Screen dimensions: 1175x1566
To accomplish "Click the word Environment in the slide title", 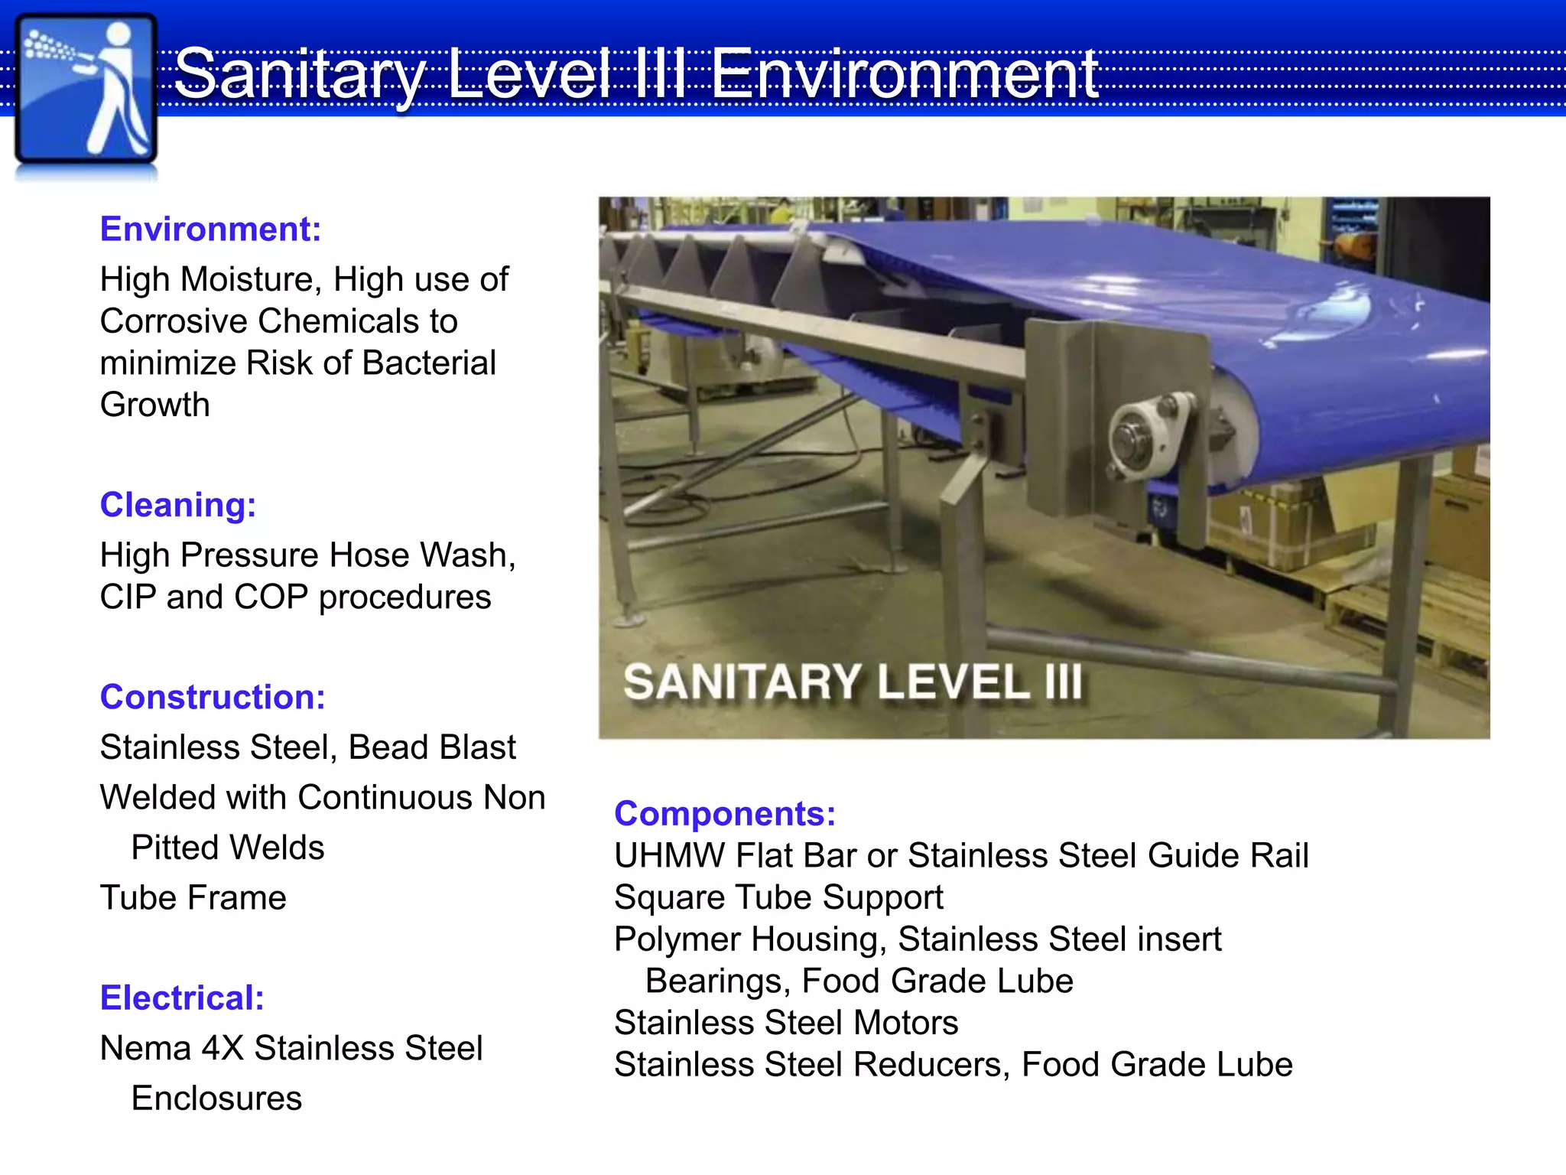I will [905, 74].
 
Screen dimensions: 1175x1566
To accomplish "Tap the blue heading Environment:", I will [210, 229].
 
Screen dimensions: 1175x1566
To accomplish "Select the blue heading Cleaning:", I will [177, 505].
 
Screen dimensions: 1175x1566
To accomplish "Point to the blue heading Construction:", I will [213, 697].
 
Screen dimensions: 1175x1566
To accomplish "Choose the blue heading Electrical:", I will [182, 998].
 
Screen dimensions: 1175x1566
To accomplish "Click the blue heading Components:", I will [724, 813].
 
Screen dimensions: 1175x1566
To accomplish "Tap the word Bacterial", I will [429, 363].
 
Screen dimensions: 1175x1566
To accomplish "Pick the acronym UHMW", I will [669, 855].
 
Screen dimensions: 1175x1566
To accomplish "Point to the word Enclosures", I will [216, 1099].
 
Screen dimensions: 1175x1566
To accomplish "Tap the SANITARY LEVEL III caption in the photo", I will [853, 682].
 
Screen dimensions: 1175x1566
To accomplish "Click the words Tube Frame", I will [193, 897].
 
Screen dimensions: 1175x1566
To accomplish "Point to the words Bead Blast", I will [432, 747].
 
